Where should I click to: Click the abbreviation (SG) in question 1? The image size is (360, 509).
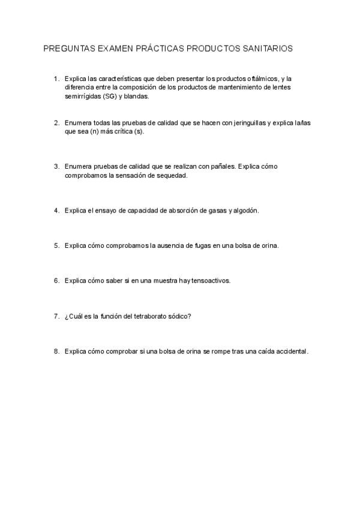(110, 95)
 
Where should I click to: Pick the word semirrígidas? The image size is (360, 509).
(82, 95)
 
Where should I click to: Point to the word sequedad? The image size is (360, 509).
(172, 175)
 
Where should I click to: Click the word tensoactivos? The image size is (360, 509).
(209, 280)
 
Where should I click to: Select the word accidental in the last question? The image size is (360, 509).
(290, 351)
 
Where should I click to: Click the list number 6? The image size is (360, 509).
(56, 280)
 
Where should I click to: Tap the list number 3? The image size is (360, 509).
(56, 166)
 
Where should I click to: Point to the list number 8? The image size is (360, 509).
(56, 351)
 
